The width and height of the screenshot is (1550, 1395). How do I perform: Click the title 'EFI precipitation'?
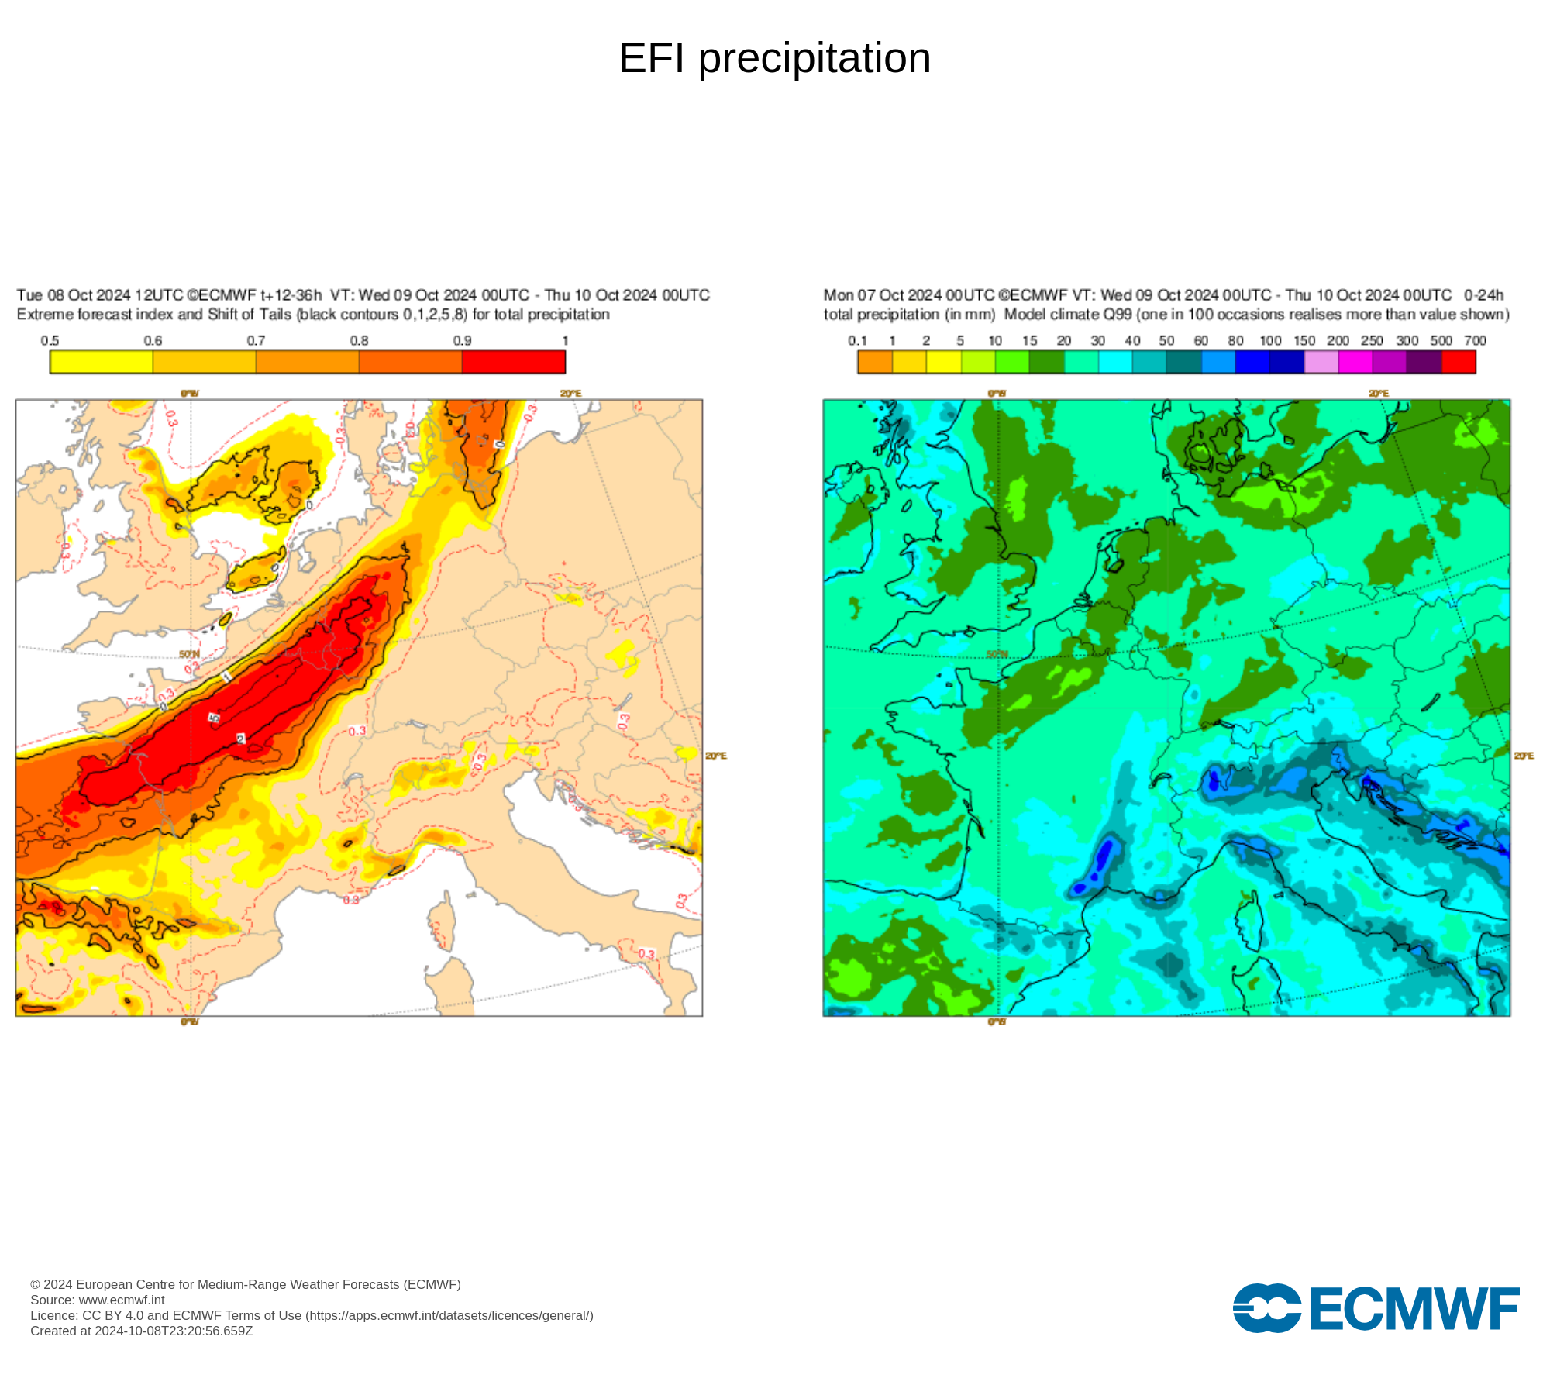coord(774,58)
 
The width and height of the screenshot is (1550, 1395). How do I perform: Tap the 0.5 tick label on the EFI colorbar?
coord(50,341)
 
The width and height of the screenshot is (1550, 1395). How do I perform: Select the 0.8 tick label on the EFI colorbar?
coord(359,341)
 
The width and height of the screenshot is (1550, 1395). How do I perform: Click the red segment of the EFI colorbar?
coord(513,362)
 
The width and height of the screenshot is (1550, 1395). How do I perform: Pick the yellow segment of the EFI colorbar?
coord(101,362)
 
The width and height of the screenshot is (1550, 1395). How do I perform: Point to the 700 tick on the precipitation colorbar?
coord(1475,341)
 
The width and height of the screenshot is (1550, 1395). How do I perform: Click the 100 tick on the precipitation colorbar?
coord(1270,341)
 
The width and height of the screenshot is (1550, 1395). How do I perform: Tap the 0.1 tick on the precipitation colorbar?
coord(857,341)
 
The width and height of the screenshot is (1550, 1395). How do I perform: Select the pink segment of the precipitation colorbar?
coord(1321,362)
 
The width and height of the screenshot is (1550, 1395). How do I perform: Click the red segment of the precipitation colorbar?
coord(1458,362)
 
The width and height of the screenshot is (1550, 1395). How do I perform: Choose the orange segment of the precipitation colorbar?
coord(875,362)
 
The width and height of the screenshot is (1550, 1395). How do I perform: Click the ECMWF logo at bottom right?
coord(1376,1309)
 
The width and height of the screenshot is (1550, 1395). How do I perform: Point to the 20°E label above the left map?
coord(570,394)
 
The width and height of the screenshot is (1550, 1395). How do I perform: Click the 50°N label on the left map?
coord(189,654)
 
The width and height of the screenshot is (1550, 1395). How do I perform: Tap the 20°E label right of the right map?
coord(1524,756)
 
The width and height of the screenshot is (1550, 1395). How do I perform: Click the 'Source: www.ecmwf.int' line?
coord(98,1300)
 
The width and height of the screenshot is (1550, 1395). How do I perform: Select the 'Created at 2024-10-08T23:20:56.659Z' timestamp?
coord(142,1331)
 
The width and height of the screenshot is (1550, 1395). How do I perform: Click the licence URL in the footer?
coord(449,1315)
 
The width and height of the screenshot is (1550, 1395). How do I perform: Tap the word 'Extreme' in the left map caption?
coord(40,315)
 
